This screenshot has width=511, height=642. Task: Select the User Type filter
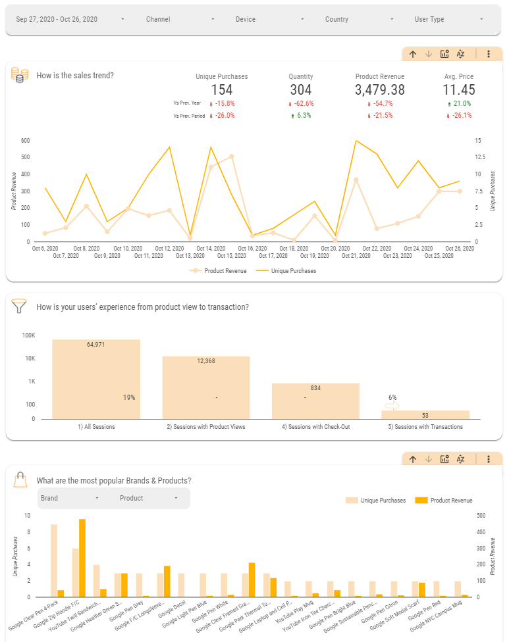pos(450,19)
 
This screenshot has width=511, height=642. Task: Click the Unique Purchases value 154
pos(222,90)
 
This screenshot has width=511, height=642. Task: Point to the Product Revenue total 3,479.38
pos(379,90)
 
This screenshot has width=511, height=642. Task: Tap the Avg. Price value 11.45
pos(458,90)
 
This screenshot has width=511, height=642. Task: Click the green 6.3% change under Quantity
pos(303,116)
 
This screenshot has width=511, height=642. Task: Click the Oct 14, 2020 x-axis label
pos(211,249)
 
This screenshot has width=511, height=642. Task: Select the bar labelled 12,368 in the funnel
pos(206,387)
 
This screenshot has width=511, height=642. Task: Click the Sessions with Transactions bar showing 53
pos(425,415)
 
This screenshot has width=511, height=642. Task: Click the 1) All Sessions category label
pos(96,427)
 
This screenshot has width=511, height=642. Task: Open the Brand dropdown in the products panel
pos(70,499)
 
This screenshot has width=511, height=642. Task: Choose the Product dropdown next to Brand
pos(149,499)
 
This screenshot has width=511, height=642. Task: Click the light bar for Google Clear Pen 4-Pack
pos(54,560)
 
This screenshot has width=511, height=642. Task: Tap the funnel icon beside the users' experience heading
pos(20,306)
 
